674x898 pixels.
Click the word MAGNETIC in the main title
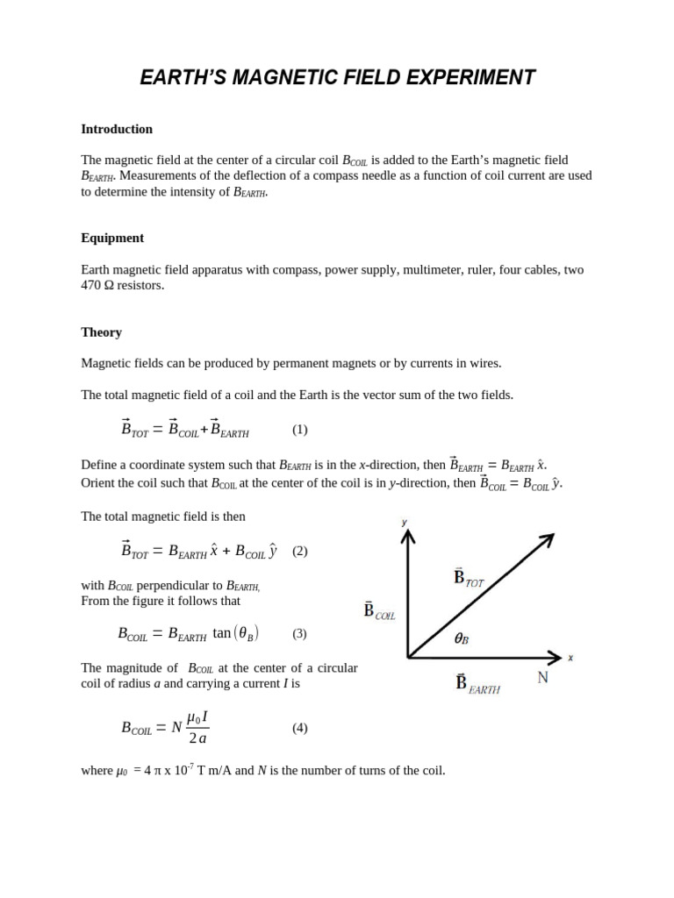pyautogui.click(x=290, y=78)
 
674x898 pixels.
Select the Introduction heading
pyautogui.click(x=117, y=129)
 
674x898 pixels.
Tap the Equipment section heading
pyautogui.click(x=112, y=238)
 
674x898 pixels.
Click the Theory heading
pyautogui.click(x=101, y=332)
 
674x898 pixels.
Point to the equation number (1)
pyautogui.click(x=300, y=430)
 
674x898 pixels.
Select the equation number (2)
pyautogui.click(x=300, y=552)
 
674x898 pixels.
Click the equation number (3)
pyautogui.click(x=300, y=633)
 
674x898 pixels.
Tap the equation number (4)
pyautogui.click(x=300, y=728)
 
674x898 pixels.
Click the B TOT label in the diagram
pyautogui.click(x=469, y=578)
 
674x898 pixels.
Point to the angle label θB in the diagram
pyautogui.click(x=461, y=639)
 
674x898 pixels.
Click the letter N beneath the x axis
pyautogui.click(x=542, y=678)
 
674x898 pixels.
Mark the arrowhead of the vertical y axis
pyautogui.click(x=407, y=534)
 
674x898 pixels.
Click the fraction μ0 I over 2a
pyautogui.click(x=197, y=728)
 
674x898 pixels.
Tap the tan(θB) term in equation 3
pyautogui.click(x=235, y=633)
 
